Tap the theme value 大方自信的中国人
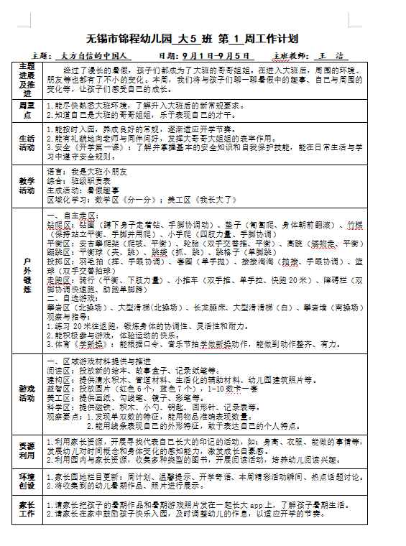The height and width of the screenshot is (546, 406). (x=93, y=55)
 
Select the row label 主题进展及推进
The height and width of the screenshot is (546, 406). (x=27, y=80)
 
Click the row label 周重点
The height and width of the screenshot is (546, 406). (x=27, y=110)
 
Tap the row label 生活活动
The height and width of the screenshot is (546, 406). (x=27, y=143)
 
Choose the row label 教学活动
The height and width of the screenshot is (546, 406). (x=27, y=185)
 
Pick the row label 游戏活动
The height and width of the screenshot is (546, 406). (x=27, y=392)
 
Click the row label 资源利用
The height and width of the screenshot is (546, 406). (x=27, y=449)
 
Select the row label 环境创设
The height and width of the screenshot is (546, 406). (x=27, y=481)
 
